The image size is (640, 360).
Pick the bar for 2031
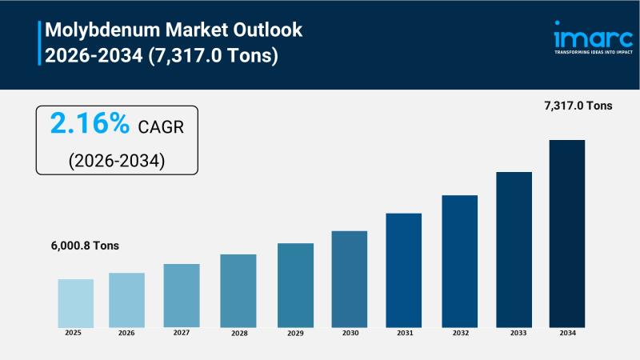pyautogui.click(x=403, y=270)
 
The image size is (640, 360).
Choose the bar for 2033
pyautogui.click(x=514, y=249)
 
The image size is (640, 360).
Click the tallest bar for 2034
pyautogui.click(x=566, y=233)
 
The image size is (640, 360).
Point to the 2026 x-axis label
pyautogui.click(x=126, y=333)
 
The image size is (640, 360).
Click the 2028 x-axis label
pyautogui.click(x=238, y=333)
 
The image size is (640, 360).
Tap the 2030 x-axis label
pyautogui.click(x=350, y=333)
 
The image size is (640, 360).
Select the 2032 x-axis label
pyautogui.click(x=460, y=333)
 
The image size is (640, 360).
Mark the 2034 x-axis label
pyautogui.click(x=566, y=333)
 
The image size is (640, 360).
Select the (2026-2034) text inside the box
pyautogui.click(x=116, y=159)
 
